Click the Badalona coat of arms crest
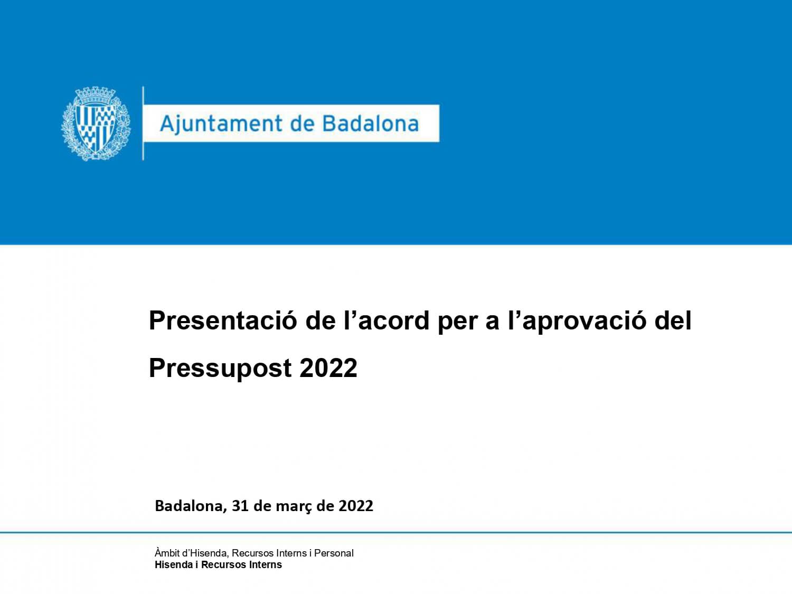(x=96, y=124)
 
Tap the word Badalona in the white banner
(x=371, y=124)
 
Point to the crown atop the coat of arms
(x=95, y=95)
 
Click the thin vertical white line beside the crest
(x=143, y=124)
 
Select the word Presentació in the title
(x=223, y=320)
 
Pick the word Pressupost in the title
(x=220, y=369)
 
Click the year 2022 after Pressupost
(x=328, y=368)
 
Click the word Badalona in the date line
(x=191, y=506)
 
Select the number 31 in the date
(x=240, y=506)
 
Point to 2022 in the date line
(x=355, y=506)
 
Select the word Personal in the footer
(x=334, y=553)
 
